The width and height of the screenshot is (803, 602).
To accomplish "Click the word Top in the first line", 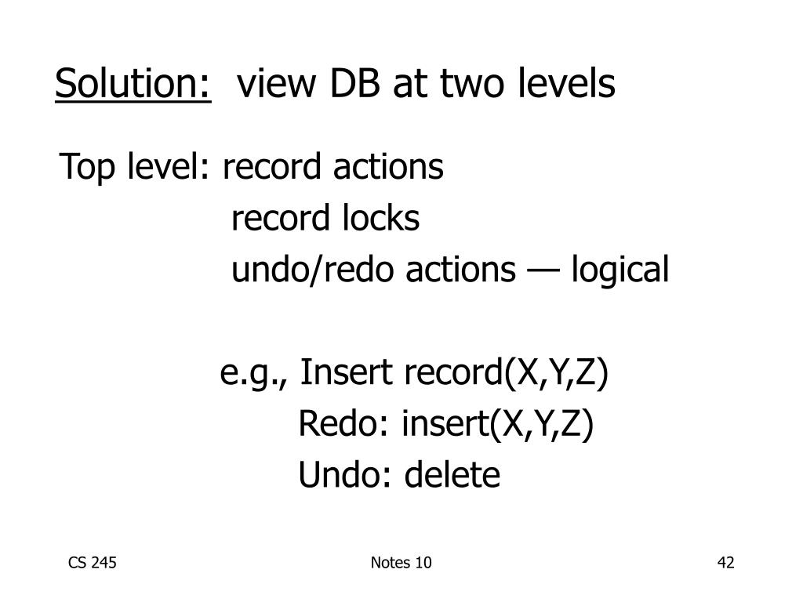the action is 88,167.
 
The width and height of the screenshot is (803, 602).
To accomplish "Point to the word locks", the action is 380,219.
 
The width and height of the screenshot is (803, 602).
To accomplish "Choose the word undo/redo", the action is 314,270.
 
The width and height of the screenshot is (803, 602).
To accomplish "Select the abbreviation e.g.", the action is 256,374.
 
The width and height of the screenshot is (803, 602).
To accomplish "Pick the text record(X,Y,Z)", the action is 506,374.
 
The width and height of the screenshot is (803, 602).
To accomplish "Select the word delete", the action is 452,475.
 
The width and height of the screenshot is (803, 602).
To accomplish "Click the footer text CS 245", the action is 93,563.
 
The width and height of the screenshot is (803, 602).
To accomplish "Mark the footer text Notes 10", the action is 401,563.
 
